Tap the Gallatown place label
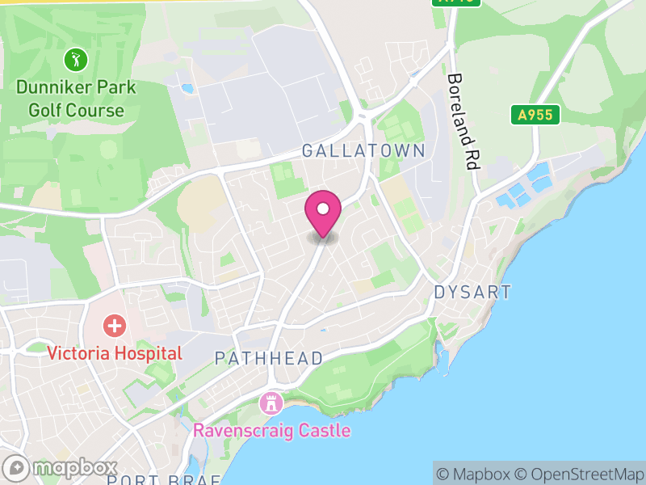[x=363, y=151]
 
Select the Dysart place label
[x=473, y=292]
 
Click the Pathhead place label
[x=269, y=358]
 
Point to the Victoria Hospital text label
[x=115, y=353]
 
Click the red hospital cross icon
[x=115, y=327]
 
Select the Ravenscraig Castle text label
[x=271, y=430]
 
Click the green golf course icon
[x=76, y=59]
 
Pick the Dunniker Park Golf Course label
[x=76, y=98]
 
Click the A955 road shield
[x=535, y=115]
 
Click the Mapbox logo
[x=61, y=467]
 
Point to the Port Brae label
[x=163, y=479]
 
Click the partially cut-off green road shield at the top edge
[x=456, y=2]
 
